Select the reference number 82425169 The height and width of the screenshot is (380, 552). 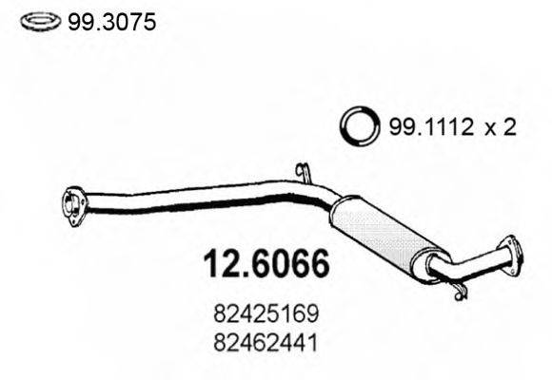tap(268, 311)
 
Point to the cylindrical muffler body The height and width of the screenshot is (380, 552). tap(381, 234)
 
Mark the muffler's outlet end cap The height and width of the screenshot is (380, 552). tap(434, 264)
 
